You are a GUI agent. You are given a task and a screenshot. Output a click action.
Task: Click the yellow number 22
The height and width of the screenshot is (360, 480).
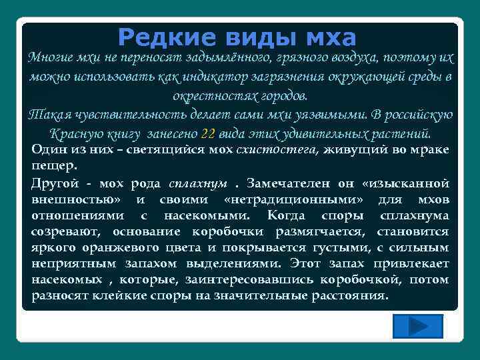coord(208,132)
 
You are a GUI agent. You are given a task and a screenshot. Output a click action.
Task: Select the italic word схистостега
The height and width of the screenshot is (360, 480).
coord(278,150)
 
